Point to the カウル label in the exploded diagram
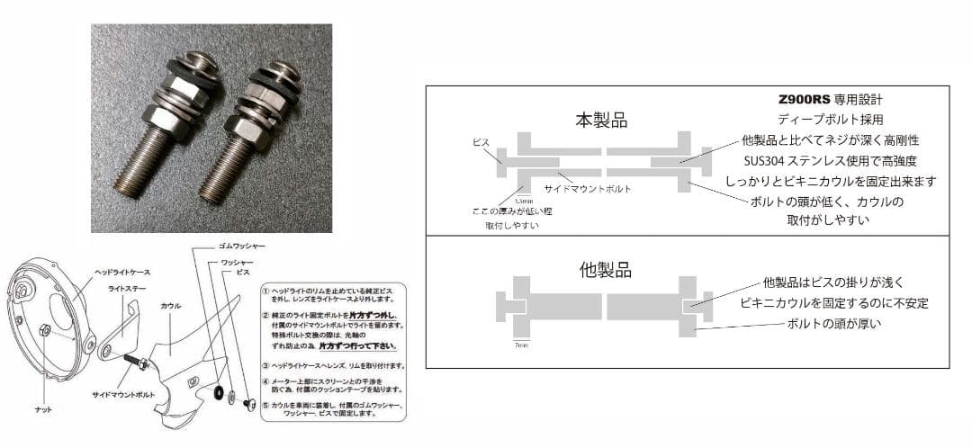point(171,306)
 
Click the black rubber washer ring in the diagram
point(219,392)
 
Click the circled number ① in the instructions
point(265,291)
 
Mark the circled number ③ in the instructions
point(265,365)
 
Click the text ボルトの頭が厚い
point(833,324)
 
